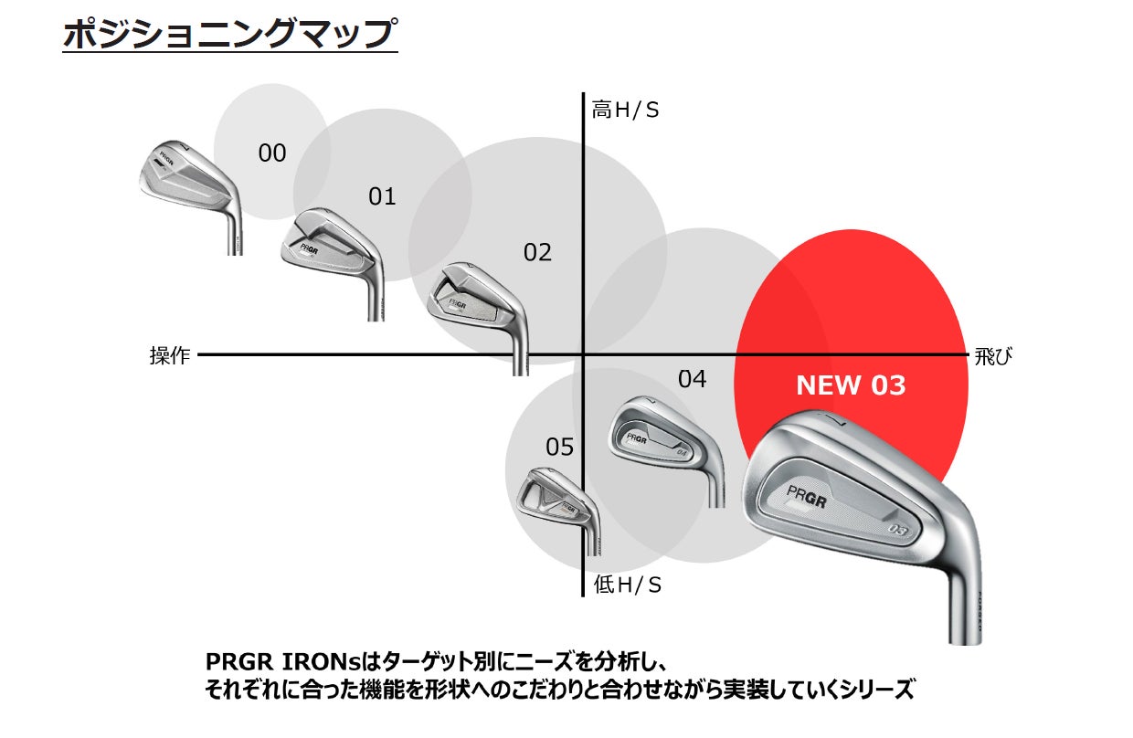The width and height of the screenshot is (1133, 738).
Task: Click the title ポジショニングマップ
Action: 229,34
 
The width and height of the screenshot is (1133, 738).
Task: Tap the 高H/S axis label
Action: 625,111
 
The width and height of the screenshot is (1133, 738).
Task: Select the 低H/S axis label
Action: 628,585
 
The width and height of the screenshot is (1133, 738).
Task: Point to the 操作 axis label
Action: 170,356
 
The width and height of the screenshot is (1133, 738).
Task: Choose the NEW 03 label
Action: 851,385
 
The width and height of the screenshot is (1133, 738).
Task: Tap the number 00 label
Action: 272,153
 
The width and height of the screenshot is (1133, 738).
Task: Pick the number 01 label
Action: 382,196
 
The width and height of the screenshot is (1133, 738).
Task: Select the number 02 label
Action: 537,252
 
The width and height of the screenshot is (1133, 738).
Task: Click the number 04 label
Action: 692,378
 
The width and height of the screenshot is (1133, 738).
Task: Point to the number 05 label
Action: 559,447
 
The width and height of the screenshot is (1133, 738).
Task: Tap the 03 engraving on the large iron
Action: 900,529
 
